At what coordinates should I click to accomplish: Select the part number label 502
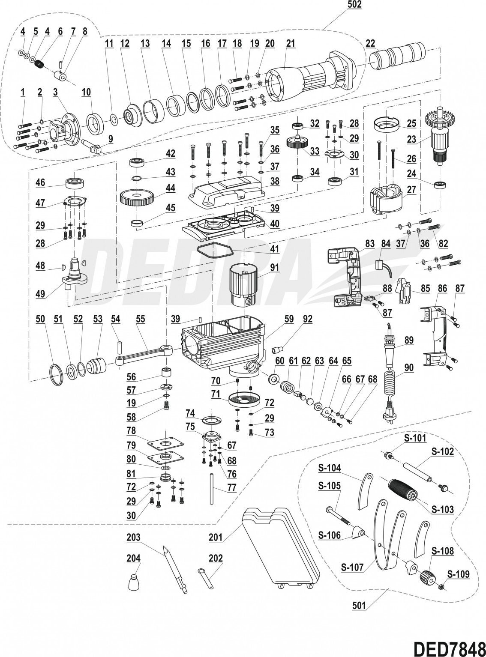tap(354, 5)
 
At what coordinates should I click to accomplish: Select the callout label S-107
tap(352, 567)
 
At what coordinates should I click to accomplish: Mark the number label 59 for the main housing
tap(289, 319)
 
